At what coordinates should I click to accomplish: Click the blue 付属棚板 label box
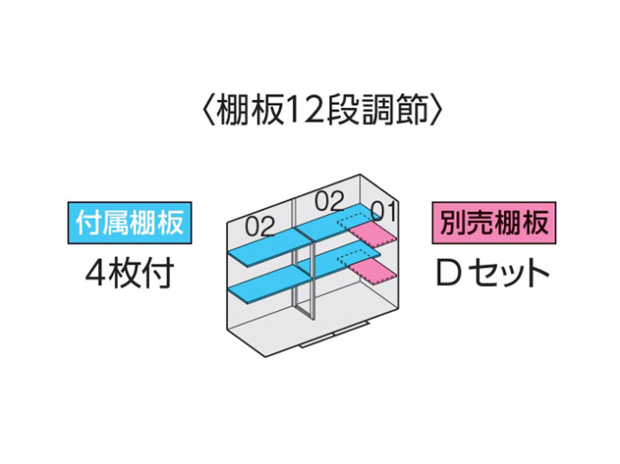click(x=129, y=223)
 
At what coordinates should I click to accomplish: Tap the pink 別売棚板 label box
click(x=494, y=223)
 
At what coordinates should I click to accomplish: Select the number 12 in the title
click(x=302, y=112)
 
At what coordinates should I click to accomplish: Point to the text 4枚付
click(x=129, y=273)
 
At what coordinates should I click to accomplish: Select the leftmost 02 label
click(x=260, y=227)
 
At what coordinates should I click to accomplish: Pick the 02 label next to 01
click(x=329, y=201)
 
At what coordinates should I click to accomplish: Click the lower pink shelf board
click(x=372, y=272)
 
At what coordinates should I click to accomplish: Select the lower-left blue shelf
click(x=269, y=283)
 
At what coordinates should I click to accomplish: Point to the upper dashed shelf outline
click(x=355, y=221)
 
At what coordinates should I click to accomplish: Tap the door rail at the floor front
click(x=335, y=335)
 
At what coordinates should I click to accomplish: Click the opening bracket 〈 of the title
click(x=210, y=112)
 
